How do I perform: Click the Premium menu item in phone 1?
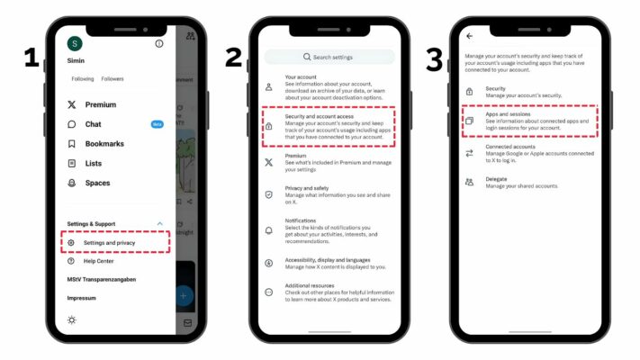[x=100, y=104]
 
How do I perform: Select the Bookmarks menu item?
[x=104, y=144]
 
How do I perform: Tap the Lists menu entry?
[x=93, y=164]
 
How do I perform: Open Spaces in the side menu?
[x=96, y=183]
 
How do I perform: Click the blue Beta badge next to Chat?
[x=158, y=124]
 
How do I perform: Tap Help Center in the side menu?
[x=98, y=261]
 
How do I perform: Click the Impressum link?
[x=81, y=297]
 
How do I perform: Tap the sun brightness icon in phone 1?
[x=72, y=319]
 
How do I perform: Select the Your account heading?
[x=302, y=77]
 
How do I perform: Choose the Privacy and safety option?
[x=307, y=188]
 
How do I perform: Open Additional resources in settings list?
[x=311, y=286]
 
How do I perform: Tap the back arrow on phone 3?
[x=469, y=36]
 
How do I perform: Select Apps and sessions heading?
[x=509, y=114]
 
